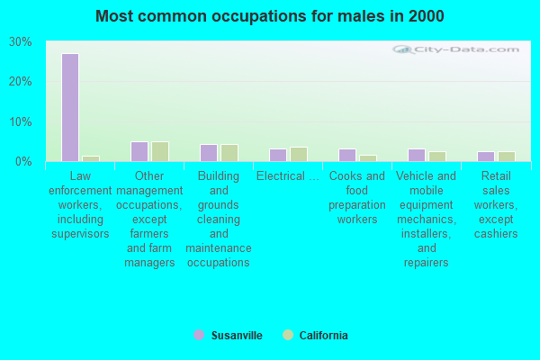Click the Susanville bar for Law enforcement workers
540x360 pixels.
70,107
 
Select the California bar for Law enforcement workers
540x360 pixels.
91,158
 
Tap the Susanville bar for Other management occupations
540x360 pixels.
139,151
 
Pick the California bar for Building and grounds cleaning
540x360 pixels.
229,153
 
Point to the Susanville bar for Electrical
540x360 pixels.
278,155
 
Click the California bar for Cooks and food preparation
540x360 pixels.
368,158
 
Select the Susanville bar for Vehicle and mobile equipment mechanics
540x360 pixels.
417,155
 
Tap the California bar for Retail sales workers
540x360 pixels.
507,157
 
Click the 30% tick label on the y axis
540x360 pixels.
21,42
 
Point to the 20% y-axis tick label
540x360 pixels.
21,82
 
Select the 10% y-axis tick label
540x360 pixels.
21,121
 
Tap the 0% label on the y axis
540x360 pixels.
23,162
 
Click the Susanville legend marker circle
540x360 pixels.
199,335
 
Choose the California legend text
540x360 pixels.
323,335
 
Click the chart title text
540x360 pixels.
270,16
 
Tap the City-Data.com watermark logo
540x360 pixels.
455,49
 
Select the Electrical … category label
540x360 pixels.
288,176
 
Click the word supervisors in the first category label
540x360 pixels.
80,234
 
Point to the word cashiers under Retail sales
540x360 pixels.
496,234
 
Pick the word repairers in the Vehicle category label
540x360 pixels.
427,263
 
